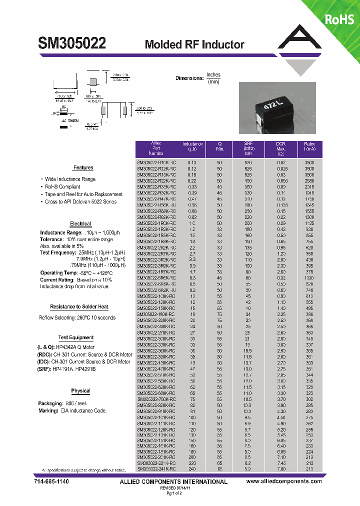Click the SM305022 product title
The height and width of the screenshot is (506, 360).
pyautogui.click(x=72, y=43)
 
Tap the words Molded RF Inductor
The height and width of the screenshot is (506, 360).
pyautogui.click(x=194, y=44)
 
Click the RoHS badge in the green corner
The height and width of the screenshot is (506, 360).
pyautogui.click(x=339, y=19)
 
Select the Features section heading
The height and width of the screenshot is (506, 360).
pyautogui.click(x=83, y=168)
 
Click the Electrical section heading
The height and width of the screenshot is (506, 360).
pyautogui.click(x=80, y=224)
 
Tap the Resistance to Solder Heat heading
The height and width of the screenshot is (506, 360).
pyautogui.click(x=79, y=307)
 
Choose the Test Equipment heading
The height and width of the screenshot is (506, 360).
pyautogui.click(x=76, y=338)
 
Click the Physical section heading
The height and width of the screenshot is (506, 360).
pyautogui.click(x=80, y=391)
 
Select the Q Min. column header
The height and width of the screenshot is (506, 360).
pyautogui.click(x=219, y=149)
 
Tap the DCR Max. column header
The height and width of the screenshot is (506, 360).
pyautogui.click(x=281, y=149)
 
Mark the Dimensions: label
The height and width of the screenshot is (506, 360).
pyautogui.click(x=189, y=78)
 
